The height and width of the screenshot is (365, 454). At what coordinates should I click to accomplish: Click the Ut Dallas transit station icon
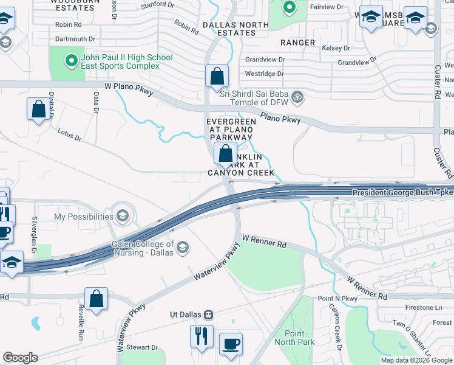click(x=209, y=315)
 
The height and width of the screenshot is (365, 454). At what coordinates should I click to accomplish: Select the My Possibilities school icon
click(x=123, y=217)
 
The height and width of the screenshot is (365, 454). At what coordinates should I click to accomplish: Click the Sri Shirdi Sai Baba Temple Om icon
click(x=297, y=96)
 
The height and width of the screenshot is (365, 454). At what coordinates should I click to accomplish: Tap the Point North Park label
click(x=299, y=338)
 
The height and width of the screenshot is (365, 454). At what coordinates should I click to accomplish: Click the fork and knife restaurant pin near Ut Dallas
click(x=201, y=335)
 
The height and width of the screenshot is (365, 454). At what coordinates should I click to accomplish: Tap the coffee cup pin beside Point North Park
click(x=231, y=343)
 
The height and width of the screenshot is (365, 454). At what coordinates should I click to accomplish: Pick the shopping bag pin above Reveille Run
click(x=97, y=299)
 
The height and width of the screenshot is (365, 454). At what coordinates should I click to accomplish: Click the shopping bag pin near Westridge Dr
click(x=217, y=77)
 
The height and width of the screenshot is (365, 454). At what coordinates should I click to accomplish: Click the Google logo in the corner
click(x=20, y=358)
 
